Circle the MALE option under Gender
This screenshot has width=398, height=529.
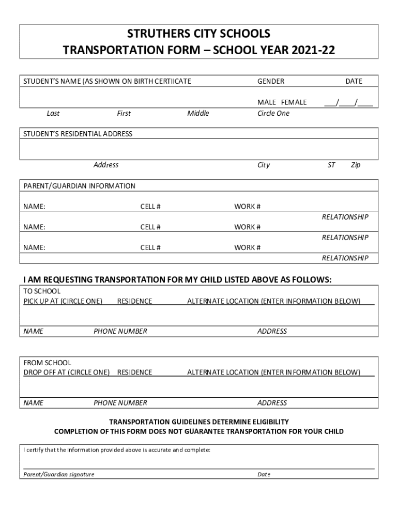click(267, 102)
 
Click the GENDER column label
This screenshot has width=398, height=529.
click(271, 81)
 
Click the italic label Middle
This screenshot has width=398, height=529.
click(198, 114)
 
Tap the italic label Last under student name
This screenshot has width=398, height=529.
click(53, 114)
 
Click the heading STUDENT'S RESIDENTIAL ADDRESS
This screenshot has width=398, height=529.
click(78, 134)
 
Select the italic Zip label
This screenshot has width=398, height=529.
click(355, 165)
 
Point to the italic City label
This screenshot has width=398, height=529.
click(264, 165)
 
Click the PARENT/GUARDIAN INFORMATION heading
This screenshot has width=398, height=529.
click(80, 186)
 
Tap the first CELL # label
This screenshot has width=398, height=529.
click(150, 207)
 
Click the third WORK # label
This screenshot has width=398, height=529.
click(247, 247)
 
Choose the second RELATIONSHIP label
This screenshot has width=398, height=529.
click(345, 238)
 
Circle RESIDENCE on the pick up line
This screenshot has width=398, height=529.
click(134, 301)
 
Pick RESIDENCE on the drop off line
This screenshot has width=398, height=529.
click(134, 372)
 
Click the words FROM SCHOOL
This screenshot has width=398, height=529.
click(48, 363)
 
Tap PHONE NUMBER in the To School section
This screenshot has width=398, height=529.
click(120, 331)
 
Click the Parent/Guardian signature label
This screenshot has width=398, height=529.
click(59, 474)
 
